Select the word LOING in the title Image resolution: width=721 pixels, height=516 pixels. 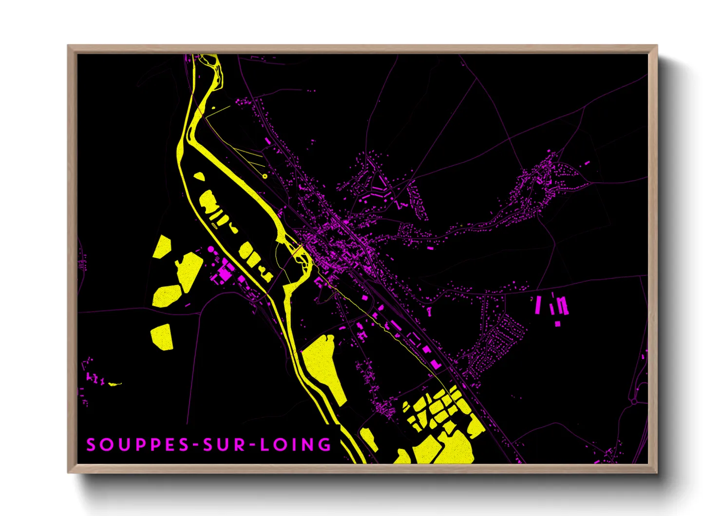coord(295,445)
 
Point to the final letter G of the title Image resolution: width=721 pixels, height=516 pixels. coord(324,445)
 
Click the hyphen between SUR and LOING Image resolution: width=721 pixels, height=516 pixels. coord(251,445)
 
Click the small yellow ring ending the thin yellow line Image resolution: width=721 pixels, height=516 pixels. coord(265,176)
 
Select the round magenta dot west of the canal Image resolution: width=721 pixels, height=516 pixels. coord(210,249)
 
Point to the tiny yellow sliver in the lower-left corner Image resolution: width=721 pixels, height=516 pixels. coord(114,384)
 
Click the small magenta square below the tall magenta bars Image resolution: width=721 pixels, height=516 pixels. coord(557,323)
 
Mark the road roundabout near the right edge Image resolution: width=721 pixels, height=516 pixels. coord(634,401)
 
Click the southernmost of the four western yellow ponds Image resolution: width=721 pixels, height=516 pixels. coord(162,337)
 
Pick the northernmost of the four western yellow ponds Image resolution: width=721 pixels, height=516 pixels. coord(162,247)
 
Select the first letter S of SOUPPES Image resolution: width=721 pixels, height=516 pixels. coord(91,445)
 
